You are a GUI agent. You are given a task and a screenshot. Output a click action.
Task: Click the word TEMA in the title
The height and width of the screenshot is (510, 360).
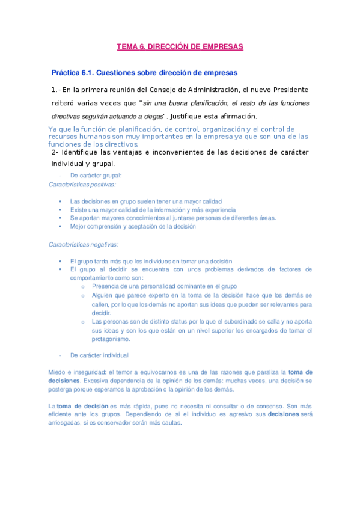coord(127,46)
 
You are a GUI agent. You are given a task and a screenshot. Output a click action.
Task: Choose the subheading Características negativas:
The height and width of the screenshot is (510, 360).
coord(84,244)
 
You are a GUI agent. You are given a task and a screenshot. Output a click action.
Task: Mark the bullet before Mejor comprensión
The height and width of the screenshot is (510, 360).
coord(61,226)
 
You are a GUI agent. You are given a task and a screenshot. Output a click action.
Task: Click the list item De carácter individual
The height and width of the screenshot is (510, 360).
coord(99,355)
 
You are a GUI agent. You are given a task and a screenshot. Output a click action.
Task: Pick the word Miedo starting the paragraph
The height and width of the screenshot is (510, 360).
coord(56,372)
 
